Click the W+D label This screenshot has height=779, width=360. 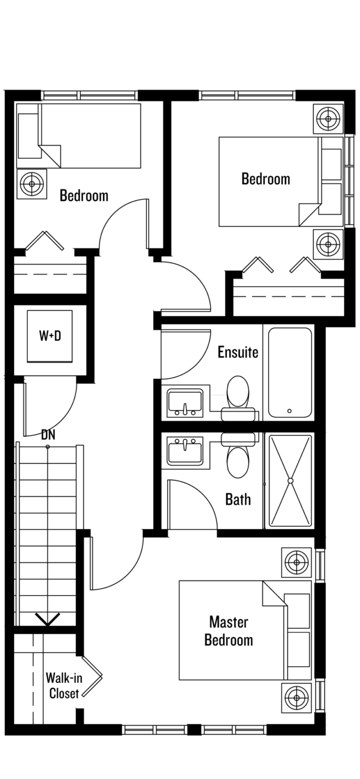pos(50,336)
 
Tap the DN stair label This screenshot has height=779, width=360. pos(48,435)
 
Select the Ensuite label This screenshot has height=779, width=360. pos(238,352)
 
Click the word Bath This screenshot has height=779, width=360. pos(238,499)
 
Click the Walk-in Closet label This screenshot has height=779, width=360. pos(64,686)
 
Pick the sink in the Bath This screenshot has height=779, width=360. pos(185,451)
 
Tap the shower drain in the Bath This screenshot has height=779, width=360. pos(290,481)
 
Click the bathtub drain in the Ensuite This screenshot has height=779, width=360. pos(290,411)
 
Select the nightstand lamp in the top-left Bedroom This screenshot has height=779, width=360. pos(32,184)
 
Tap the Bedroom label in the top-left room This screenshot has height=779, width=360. pos(84,195)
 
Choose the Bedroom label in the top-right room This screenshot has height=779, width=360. pos(266,179)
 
